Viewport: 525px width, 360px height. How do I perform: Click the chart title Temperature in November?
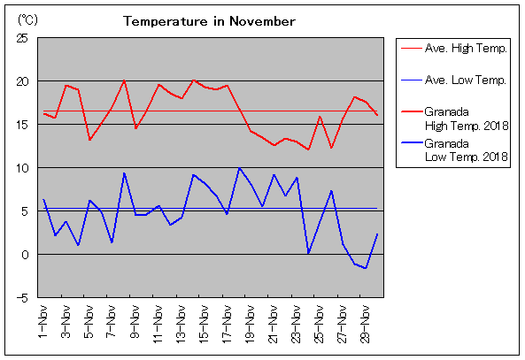tap(209, 21)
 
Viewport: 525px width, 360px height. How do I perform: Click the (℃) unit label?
tap(27, 20)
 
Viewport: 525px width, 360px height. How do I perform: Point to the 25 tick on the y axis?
tap(22, 38)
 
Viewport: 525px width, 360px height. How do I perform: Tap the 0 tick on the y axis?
tap(25, 255)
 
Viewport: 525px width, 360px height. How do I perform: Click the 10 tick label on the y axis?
tap(22, 168)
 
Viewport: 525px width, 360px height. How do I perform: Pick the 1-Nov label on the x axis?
tap(43, 322)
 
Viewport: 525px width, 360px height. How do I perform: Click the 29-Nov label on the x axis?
tap(366, 325)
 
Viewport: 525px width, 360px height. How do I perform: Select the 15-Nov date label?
tap(205, 325)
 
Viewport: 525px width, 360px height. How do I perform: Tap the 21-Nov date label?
tap(274, 325)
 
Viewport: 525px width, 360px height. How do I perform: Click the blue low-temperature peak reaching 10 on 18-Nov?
tap(239, 168)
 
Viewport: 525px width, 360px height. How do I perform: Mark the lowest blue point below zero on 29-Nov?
tap(366, 268)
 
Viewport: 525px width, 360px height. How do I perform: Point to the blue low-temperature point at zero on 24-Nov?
tap(308, 253)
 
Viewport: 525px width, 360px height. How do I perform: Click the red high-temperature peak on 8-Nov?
tap(124, 80)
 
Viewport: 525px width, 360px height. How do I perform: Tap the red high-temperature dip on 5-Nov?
tap(89, 140)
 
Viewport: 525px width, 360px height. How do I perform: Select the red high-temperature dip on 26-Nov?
tap(331, 148)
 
